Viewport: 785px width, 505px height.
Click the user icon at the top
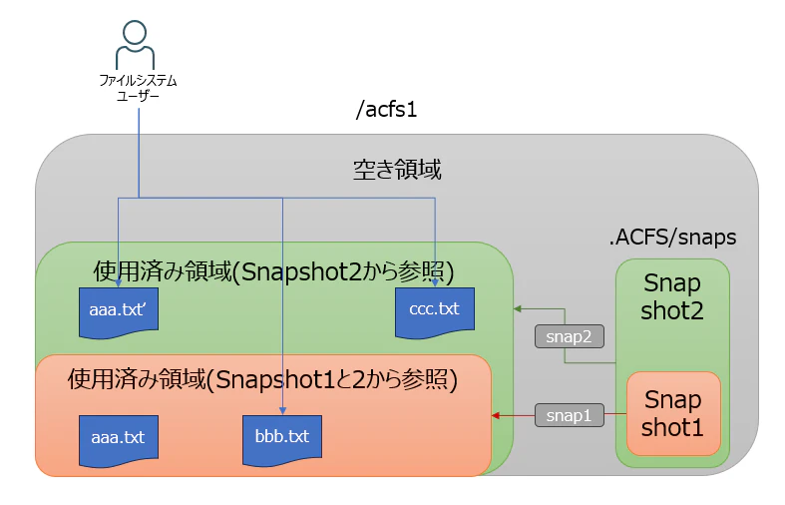[x=135, y=45]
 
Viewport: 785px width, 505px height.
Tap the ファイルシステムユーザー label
[x=138, y=88]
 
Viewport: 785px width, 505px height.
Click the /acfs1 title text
[x=386, y=109]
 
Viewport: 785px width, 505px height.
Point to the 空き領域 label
[x=397, y=170]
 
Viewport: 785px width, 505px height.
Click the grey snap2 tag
[x=570, y=336]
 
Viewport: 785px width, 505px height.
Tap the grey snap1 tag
[x=570, y=415]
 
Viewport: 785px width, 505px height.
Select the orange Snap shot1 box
[x=673, y=414]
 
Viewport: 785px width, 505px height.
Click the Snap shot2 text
[x=672, y=296]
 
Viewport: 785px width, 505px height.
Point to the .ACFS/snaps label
[x=673, y=237]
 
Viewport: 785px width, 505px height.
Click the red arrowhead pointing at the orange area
[x=495, y=415]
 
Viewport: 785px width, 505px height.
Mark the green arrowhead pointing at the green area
[x=518, y=309]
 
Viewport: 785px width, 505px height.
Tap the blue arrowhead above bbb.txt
[x=282, y=411]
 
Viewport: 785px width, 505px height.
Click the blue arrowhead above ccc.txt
[x=435, y=283]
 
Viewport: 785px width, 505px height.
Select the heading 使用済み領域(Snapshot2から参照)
[x=273, y=272]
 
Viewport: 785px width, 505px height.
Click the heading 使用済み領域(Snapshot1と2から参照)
[x=262, y=380]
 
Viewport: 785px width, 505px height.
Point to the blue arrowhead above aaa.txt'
[x=119, y=283]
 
